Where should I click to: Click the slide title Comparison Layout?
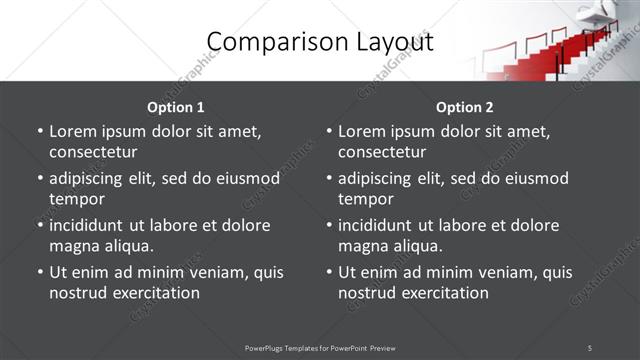(319, 42)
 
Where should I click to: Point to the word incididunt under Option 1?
(90, 225)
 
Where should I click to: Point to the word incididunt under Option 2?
(379, 225)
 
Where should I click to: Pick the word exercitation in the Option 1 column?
(153, 293)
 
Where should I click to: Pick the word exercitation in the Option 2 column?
(442, 293)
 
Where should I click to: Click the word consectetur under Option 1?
(93, 152)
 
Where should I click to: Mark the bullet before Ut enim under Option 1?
(39, 272)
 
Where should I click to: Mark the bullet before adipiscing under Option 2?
(328, 178)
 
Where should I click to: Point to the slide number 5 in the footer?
(590, 348)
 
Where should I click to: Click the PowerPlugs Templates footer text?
(320, 348)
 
